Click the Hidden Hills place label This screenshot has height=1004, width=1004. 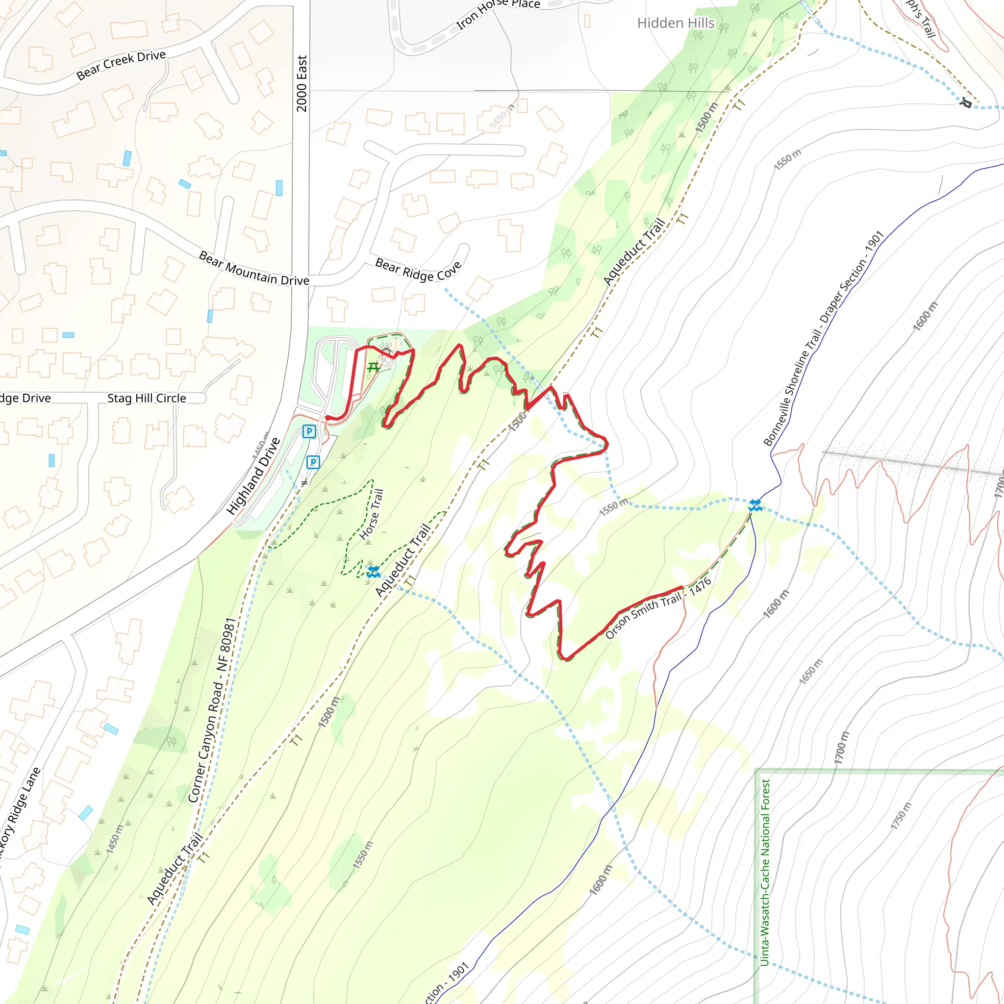(x=676, y=23)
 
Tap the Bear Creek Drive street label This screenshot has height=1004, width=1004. (x=121, y=65)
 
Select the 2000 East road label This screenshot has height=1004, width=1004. (x=302, y=83)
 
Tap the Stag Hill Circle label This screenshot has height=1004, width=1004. (x=147, y=398)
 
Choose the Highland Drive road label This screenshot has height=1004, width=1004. (x=253, y=476)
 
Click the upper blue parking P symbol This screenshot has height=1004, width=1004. (x=309, y=431)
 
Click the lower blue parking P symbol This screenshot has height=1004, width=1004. (x=313, y=462)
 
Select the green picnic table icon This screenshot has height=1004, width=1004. (x=373, y=368)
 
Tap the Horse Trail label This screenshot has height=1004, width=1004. (x=372, y=514)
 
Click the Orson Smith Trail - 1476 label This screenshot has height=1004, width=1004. (x=658, y=608)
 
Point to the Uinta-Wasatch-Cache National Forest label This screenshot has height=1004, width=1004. (x=764, y=873)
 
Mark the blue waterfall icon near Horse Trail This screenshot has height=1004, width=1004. (x=373, y=572)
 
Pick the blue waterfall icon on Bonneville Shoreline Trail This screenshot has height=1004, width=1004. (x=755, y=504)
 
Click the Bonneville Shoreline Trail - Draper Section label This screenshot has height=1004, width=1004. (x=823, y=339)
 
